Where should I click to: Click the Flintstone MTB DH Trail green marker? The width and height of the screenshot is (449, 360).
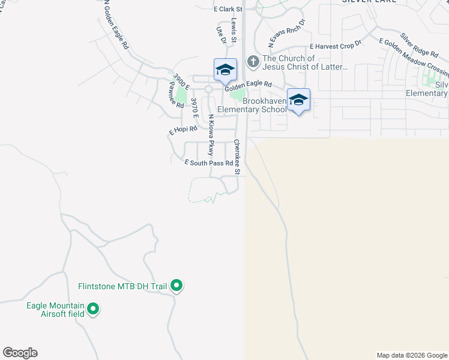click(x=176, y=286)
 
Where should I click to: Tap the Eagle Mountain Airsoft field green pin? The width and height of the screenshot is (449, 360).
click(x=92, y=310)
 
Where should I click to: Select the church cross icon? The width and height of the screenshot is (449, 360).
click(x=253, y=61)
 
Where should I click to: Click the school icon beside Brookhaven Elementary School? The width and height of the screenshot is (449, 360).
click(x=298, y=100)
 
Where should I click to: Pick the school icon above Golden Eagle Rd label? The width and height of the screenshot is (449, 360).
click(x=225, y=70)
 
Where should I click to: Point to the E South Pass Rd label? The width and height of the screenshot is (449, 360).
click(x=208, y=163)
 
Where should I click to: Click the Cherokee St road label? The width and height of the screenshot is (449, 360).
click(x=237, y=157)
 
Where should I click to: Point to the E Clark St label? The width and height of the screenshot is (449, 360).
click(x=228, y=10)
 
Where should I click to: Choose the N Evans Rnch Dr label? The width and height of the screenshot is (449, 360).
click(x=287, y=33)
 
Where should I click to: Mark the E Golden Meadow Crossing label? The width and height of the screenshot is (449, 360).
click(x=414, y=59)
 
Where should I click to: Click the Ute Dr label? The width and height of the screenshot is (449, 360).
click(x=219, y=34)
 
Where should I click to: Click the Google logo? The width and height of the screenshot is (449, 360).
click(x=20, y=353)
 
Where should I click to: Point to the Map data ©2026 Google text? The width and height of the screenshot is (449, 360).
click(x=412, y=355)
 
